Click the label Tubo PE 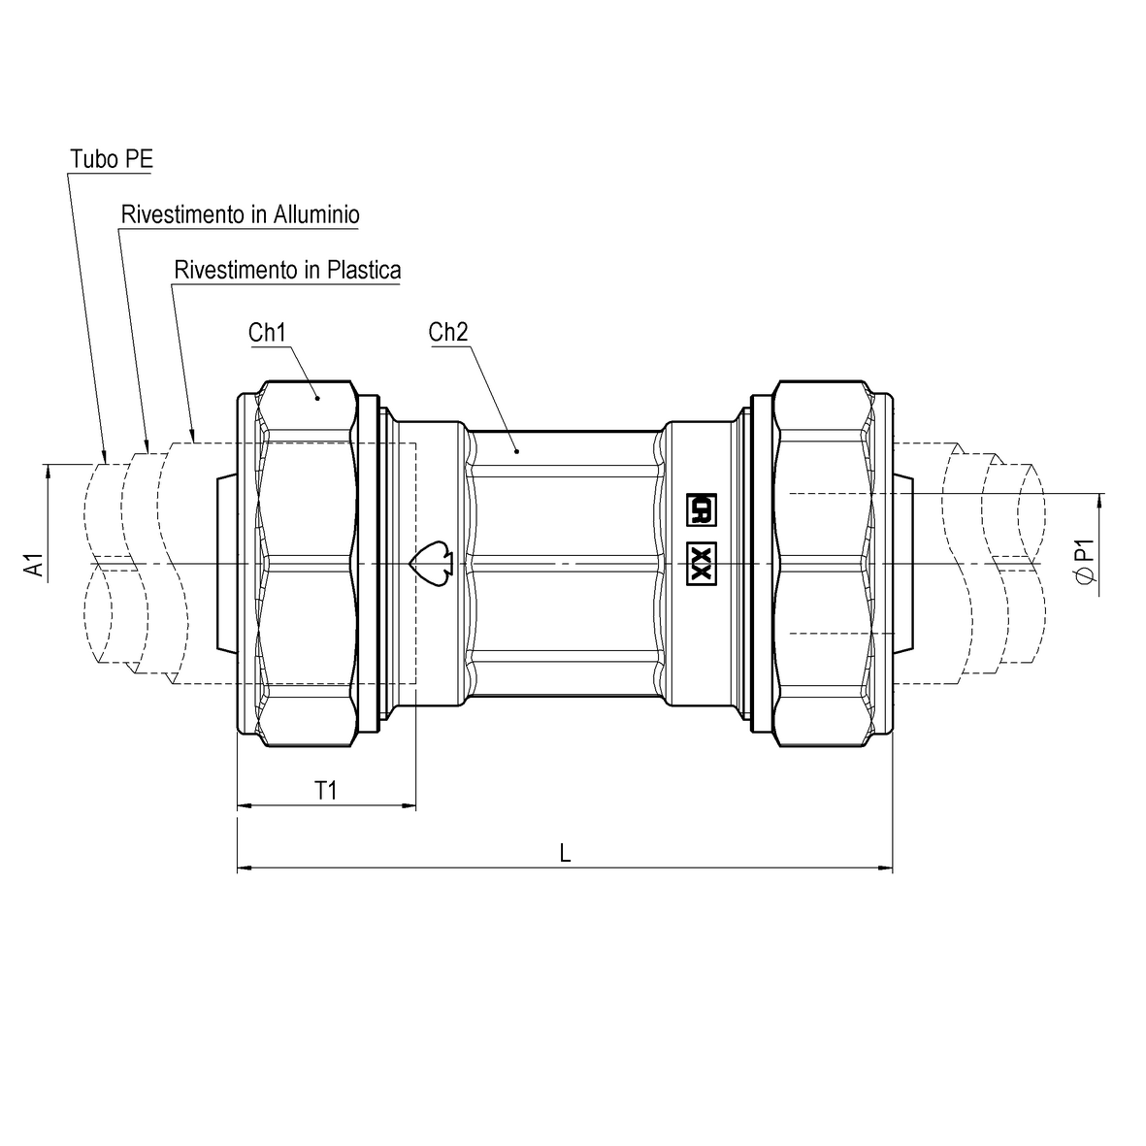click(111, 159)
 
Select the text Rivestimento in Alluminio click(240, 214)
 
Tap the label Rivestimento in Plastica click(286, 270)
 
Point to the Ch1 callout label click(267, 333)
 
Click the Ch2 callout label click(448, 333)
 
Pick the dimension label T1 click(326, 791)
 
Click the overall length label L click(565, 853)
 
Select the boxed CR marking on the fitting click(701, 508)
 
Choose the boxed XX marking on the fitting click(701, 564)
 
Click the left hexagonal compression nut click(305, 564)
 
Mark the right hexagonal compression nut click(823, 564)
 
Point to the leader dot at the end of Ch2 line click(517, 450)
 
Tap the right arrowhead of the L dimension click(885, 867)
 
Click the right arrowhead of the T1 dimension click(409, 805)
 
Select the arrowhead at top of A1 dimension click(46, 472)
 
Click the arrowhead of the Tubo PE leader click(103, 454)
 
